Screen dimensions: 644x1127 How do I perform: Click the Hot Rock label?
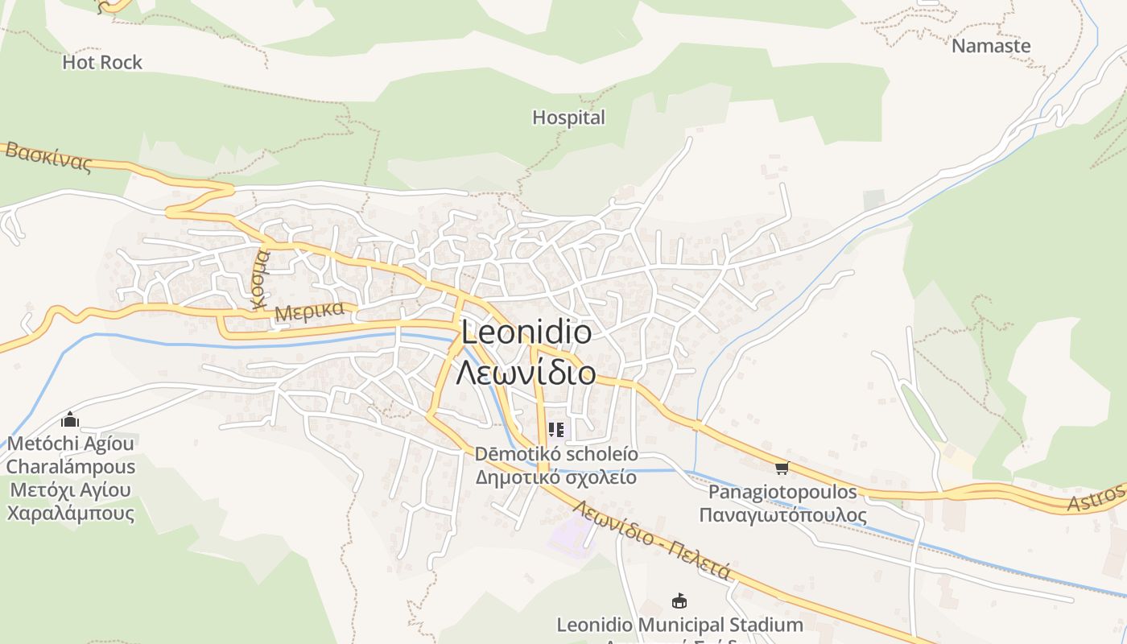pyautogui.click(x=102, y=62)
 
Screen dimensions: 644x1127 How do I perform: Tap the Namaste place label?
pyautogui.click(x=991, y=46)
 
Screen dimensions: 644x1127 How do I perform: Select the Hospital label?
pyautogui.click(x=568, y=118)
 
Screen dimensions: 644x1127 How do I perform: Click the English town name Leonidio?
pyautogui.click(x=526, y=332)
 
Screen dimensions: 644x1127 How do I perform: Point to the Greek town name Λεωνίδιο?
pyautogui.click(x=526, y=373)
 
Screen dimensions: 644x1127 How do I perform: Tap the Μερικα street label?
pyautogui.click(x=309, y=311)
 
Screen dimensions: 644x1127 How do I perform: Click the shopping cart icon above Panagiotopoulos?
pyautogui.click(x=782, y=467)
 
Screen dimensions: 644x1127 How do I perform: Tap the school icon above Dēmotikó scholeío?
pyautogui.click(x=555, y=430)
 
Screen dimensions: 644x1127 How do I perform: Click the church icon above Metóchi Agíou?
pyautogui.click(x=70, y=419)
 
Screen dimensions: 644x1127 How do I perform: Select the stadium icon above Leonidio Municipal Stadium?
pyautogui.click(x=679, y=601)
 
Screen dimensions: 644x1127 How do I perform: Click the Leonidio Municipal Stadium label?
pyautogui.click(x=679, y=625)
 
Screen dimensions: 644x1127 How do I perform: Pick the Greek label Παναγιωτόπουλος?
pyautogui.click(x=782, y=516)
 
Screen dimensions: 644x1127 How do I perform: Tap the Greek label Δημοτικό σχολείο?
pyautogui.click(x=556, y=477)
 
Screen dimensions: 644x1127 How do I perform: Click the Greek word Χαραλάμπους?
pyautogui.click(x=71, y=513)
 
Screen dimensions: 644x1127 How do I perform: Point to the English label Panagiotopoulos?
pyautogui.click(x=782, y=492)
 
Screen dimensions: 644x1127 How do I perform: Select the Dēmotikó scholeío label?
pyautogui.click(x=556, y=454)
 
